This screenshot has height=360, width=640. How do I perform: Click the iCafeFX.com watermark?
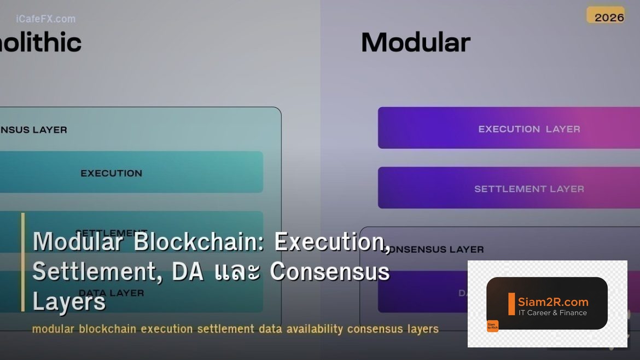pyautogui.click(x=46, y=19)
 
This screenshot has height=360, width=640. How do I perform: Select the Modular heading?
pyautogui.click(x=416, y=43)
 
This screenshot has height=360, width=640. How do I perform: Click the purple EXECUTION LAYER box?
pyautogui.click(x=509, y=128)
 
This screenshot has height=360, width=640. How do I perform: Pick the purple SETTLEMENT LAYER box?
pyautogui.click(x=509, y=188)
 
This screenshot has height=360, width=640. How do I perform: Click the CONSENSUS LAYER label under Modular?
pyautogui.click(x=435, y=249)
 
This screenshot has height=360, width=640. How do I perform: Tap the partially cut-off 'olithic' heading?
pyautogui.click(x=40, y=43)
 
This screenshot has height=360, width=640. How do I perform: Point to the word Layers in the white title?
pyautogui.click(x=69, y=301)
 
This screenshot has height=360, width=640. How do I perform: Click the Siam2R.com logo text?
pyautogui.click(x=553, y=302)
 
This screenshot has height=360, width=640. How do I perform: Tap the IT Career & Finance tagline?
pyautogui.click(x=552, y=313)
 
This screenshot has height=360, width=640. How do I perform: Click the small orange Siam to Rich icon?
pyautogui.click(x=492, y=326)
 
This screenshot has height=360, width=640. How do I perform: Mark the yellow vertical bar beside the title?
pyautogui.click(x=23, y=262)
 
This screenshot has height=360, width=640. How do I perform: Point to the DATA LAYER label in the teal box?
pyautogui.click(x=112, y=293)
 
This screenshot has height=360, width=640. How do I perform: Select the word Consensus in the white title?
pyautogui.click(x=329, y=271)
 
